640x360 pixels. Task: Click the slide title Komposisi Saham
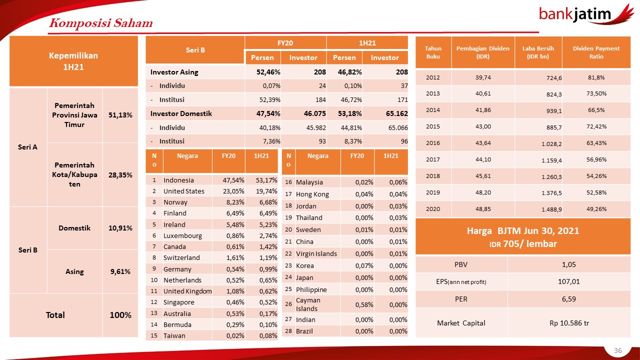(101, 23)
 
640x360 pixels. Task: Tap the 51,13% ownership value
(120, 115)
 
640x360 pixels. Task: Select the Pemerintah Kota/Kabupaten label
(74, 174)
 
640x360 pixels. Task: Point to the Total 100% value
(120, 315)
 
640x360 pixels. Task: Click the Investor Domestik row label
(181, 113)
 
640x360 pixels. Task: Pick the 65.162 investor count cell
(397, 113)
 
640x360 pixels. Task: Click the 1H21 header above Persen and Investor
(367, 43)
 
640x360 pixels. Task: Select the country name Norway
(175, 202)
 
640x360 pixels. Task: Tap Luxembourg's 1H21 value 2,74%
(268, 235)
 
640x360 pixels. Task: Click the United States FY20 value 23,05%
(233, 191)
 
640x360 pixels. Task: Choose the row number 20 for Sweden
(288, 229)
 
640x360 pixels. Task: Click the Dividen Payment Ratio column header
(596, 52)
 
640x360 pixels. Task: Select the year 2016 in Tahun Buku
(433, 143)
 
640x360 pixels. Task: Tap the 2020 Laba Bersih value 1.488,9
(551, 209)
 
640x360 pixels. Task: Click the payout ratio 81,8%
(596, 77)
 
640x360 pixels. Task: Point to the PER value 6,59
(569, 299)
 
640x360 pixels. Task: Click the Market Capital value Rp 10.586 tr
(569, 323)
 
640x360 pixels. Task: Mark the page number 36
(618, 350)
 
